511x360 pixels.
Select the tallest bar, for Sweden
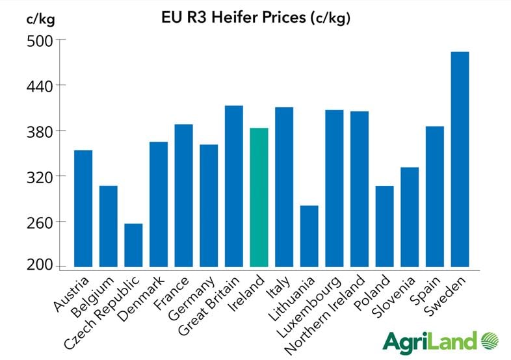[460, 159]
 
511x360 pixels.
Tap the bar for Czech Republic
[133, 245]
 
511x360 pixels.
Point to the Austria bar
[83, 208]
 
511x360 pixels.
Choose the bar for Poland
[384, 226]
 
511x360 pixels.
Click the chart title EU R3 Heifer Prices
[256, 18]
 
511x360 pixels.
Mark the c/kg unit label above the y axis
[40, 18]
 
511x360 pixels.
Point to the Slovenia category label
[390, 296]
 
